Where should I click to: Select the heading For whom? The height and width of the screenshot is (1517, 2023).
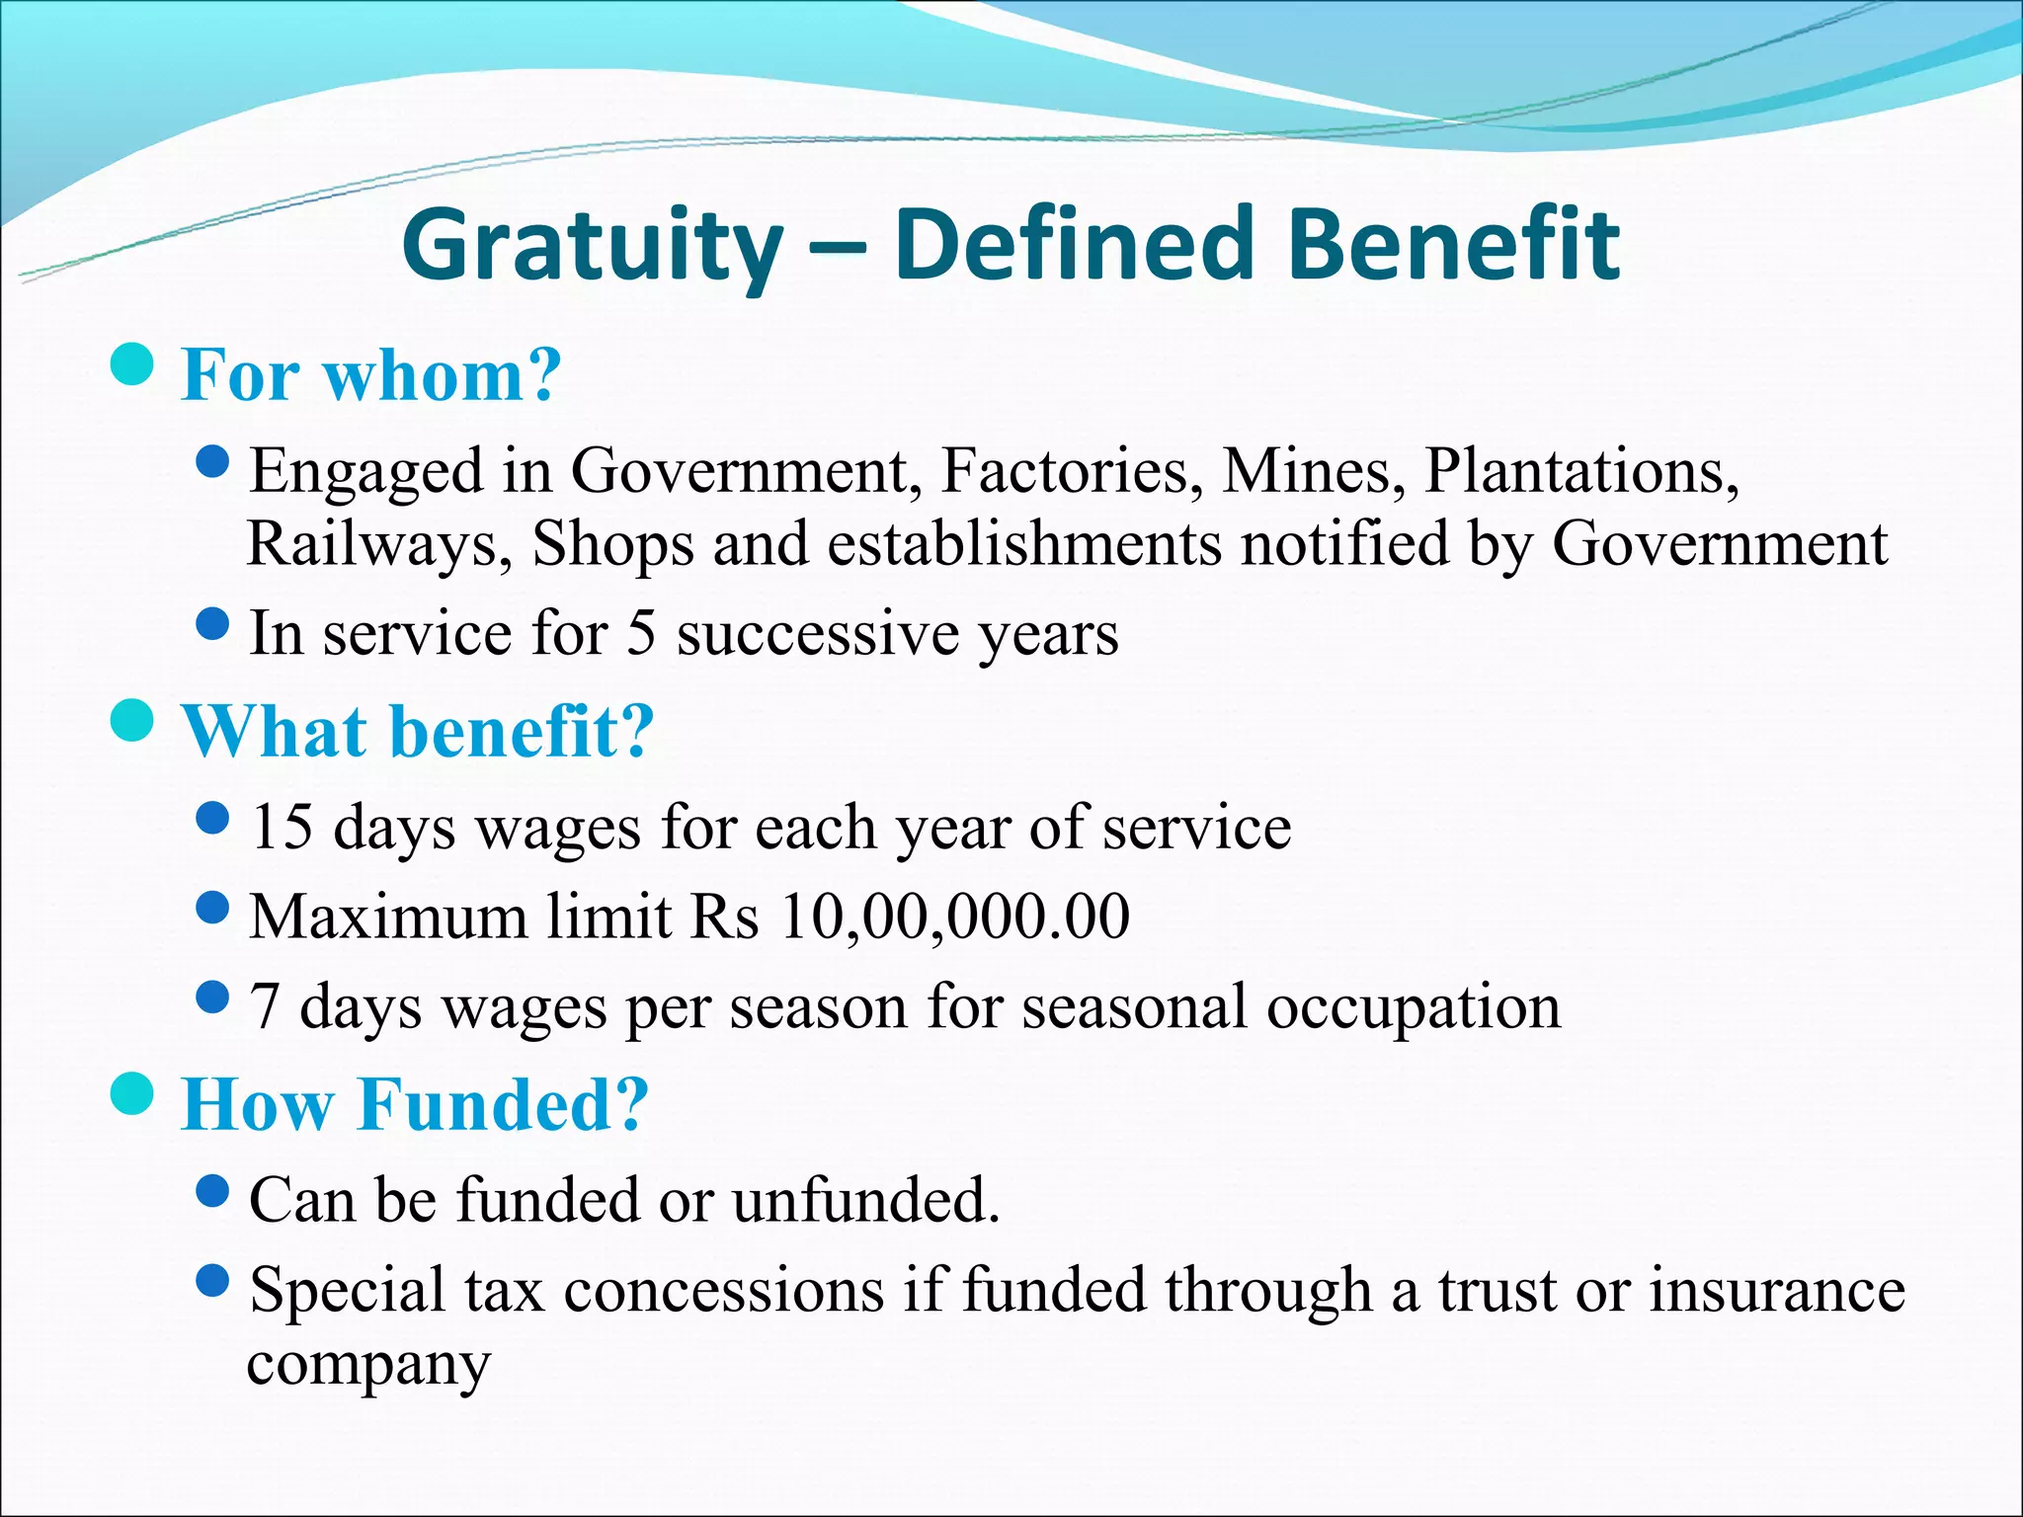point(371,376)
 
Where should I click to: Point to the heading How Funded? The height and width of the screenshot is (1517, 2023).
point(415,1104)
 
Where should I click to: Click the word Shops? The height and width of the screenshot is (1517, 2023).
point(612,545)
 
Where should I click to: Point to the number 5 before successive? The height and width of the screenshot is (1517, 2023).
point(641,633)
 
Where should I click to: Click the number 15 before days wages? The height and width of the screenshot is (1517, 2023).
point(282,827)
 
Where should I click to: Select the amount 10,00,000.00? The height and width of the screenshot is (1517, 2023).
point(954,917)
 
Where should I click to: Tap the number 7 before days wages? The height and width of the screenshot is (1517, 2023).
point(264,1007)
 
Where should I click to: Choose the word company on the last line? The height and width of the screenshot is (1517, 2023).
point(368,1367)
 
